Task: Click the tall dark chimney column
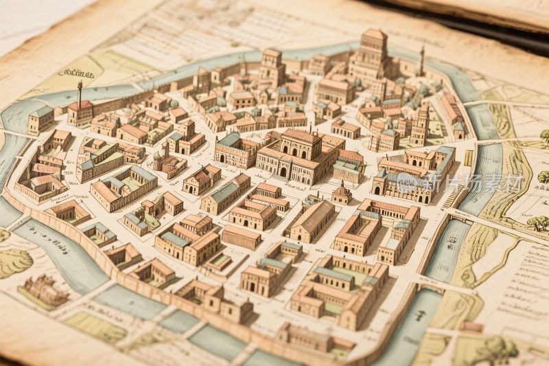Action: [x=80, y=94]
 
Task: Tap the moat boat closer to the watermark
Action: [x=452, y=242]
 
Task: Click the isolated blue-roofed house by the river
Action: [x=41, y=119]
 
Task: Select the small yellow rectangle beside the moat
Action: [x=469, y=157]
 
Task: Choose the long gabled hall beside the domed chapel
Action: [x=312, y=220]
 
